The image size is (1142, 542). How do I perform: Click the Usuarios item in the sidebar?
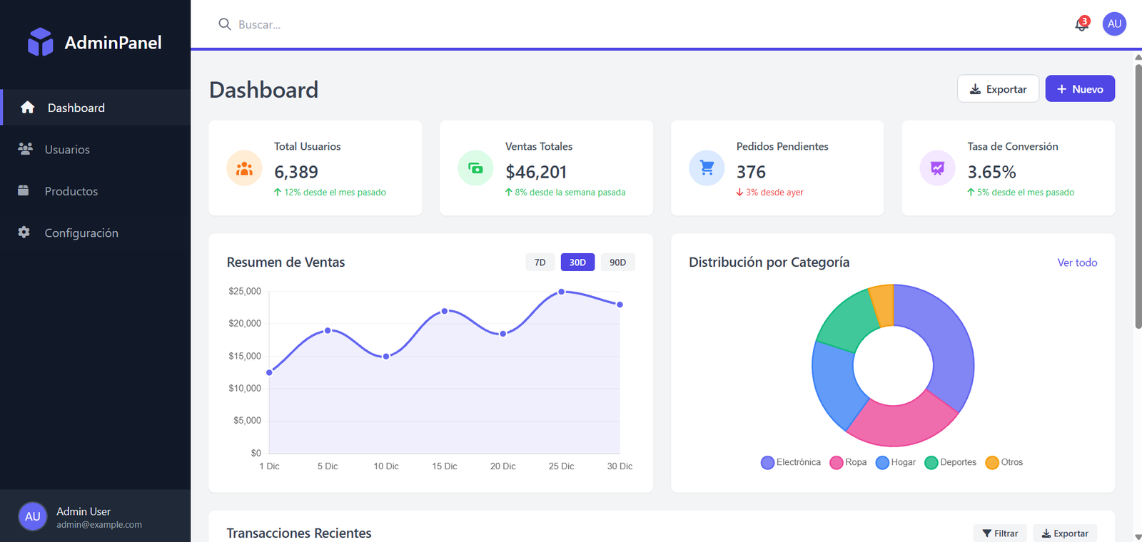[x=67, y=150]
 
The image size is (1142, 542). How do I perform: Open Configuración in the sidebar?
[x=81, y=233]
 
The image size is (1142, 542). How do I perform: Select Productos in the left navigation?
[x=71, y=191]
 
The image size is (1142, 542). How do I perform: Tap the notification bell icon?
[x=1081, y=25]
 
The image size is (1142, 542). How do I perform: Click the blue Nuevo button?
[x=1079, y=89]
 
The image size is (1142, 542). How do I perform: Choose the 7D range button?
[x=540, y=262]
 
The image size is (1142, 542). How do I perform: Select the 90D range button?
[x=617, y=262]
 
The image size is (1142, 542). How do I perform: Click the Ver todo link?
[x=1076, y=262]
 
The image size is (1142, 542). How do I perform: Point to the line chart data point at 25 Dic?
[x=561, y=292]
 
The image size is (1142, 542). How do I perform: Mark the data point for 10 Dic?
[x=386, y=357]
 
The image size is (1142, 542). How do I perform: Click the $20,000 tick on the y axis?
[x=245, y=324]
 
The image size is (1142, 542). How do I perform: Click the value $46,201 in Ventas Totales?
[x=535, y=172]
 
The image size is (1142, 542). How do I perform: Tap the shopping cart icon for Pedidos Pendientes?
[x=707, y=168]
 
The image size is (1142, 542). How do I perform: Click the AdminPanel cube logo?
[x=40, y=42]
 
